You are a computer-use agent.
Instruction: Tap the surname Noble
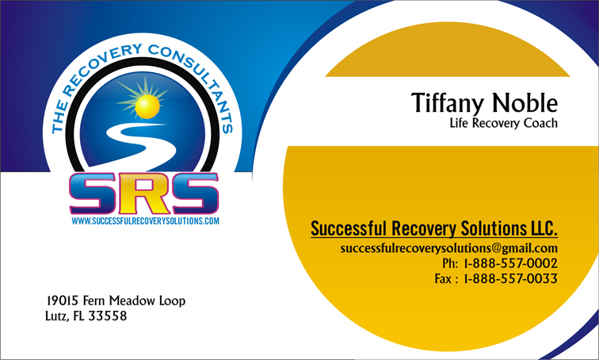pyautogui.click(x=525, y=102)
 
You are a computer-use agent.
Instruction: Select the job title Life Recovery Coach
pyautogui.click(x=503, y=123)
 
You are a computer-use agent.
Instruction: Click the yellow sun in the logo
pyautogui.click(x=147, y=106)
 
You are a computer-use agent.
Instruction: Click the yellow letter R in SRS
pyautogui.click(x=144, y=193)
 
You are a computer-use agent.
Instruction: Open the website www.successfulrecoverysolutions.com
pyautogui.click(x=145, y=221)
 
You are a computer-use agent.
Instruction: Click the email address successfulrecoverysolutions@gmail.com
pyautogui.click(x=449, y=248)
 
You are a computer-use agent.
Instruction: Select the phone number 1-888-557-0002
pyautogui.click(x=511, y=263)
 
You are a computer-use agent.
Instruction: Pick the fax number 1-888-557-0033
pyautogui.click(x=511, y=278)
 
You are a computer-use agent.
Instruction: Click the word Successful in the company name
pyautogui.click(x=349, y=228)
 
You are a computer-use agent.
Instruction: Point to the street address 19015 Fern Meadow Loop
pyautogui.click(x=116, y=301)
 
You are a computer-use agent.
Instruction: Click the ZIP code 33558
pyautogui.click(x=107, y=316)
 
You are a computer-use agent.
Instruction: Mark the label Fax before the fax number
pyautogui.click(x=443, y=278)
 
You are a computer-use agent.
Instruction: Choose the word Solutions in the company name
pyautogui.click(x=494, y=228)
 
